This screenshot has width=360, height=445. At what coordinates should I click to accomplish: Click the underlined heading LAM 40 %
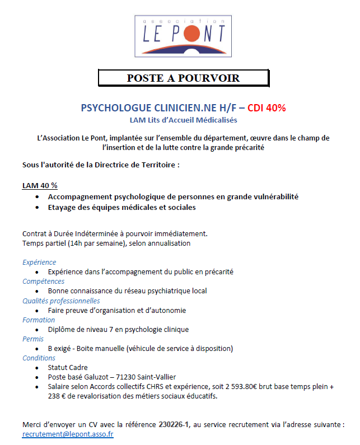[x=40, y=185]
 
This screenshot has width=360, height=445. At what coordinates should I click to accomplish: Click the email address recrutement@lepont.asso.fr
[x=68, y=434]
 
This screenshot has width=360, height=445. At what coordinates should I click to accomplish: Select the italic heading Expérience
[x=39, y=262]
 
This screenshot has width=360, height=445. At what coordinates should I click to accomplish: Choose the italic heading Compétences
[x=43, y=281]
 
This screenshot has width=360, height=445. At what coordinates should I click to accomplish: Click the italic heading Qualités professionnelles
[x=61, y=301]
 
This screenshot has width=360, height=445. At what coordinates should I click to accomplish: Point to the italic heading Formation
[x=39, y=320]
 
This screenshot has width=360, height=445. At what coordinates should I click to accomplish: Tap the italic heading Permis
[x=33, y=339]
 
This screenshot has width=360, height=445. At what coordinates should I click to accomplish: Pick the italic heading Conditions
[x=39, y=358]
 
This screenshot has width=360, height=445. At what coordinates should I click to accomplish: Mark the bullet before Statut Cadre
[x=37, y=368]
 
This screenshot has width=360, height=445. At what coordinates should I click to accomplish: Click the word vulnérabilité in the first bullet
[x=272, y=197]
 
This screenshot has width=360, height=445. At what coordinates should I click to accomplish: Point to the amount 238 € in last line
[x=57, y=396]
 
